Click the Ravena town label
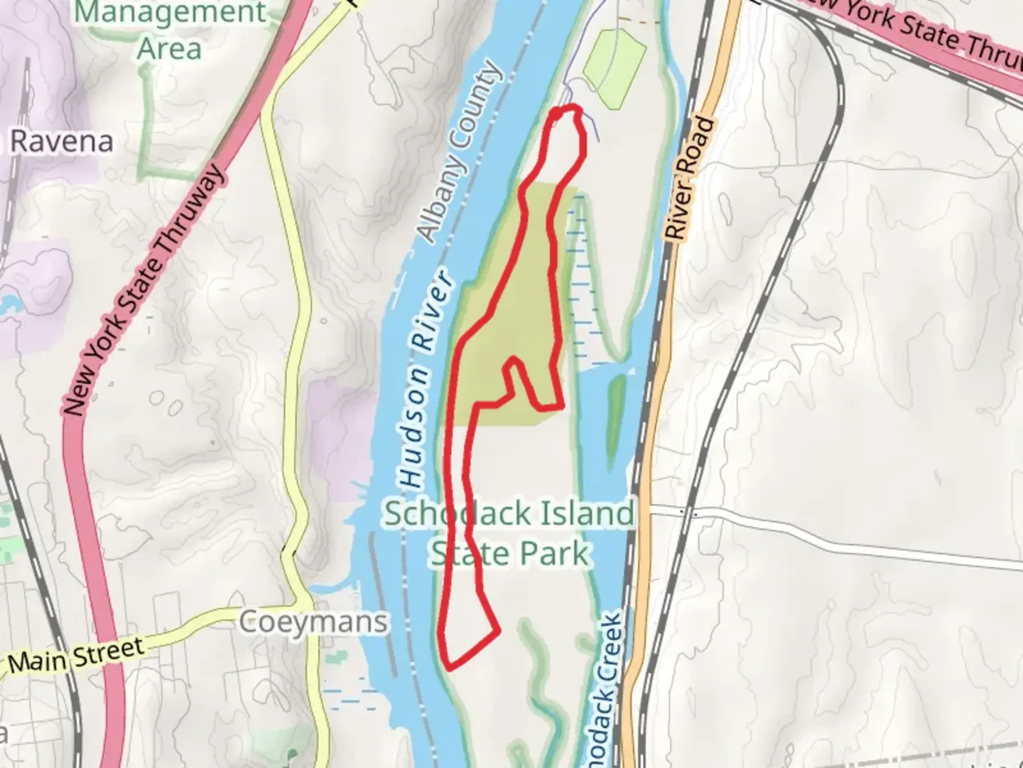pyautogui.click(x=62, y=142)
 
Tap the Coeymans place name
pyautogui.click(x=313, y=622)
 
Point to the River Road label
pyautogui.click(x=687, y=178)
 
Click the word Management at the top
pyautogui.click(x=170, y=12)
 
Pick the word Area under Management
pyautogui.click(x=169, y=48)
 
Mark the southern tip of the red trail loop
pyautogui.click(x=449, y=666)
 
